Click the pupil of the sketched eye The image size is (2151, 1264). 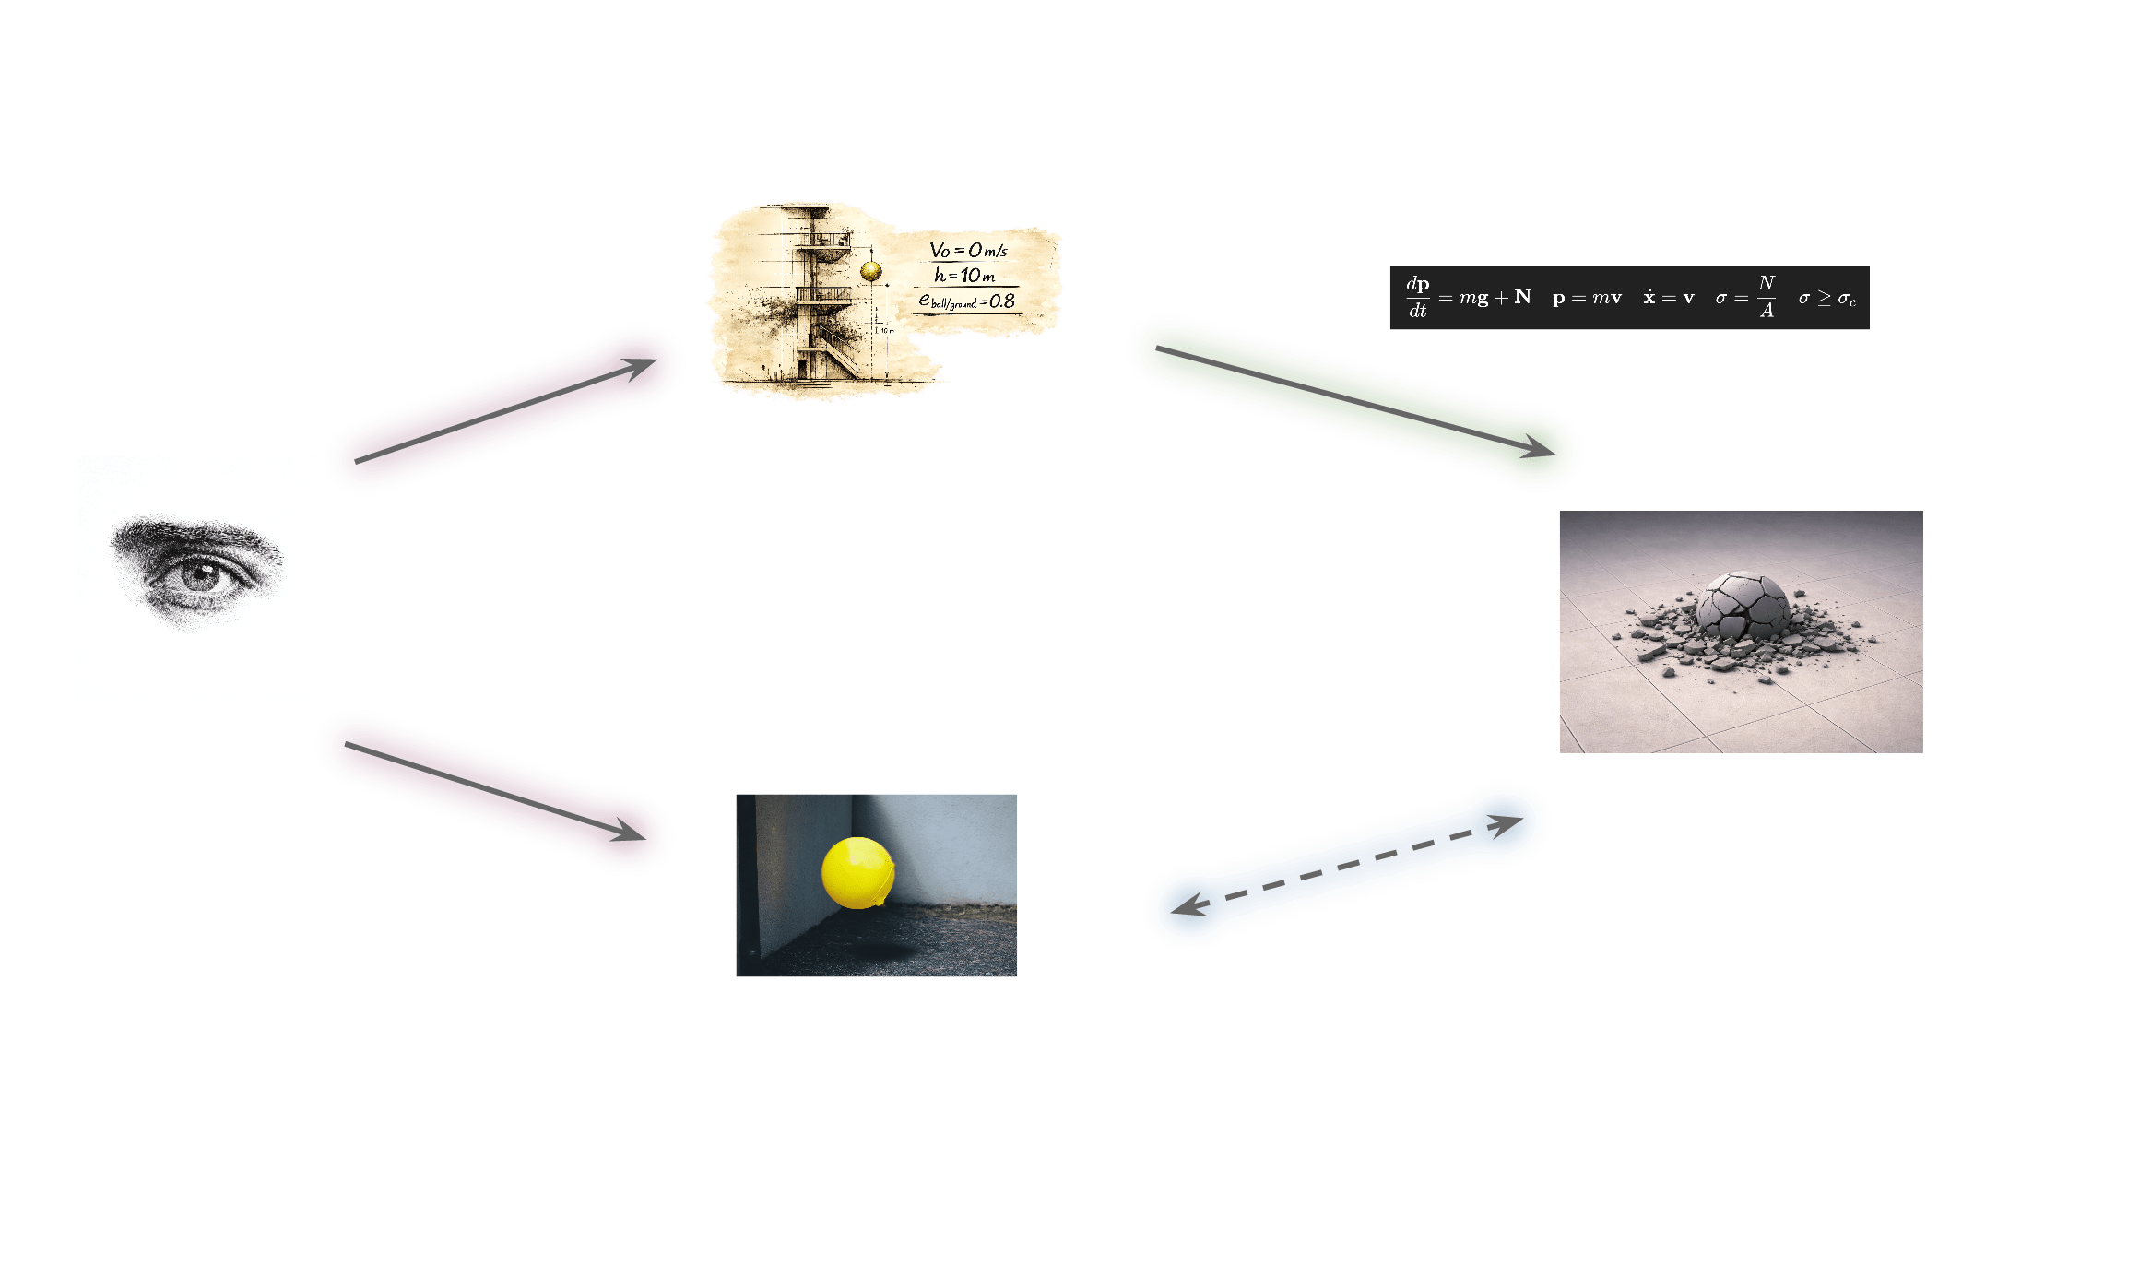point(198,577)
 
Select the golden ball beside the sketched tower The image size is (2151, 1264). point(870,271)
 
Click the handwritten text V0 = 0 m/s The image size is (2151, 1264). point(968,250)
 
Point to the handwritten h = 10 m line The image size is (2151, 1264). point(964,275)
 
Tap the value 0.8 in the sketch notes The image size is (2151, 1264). point(1001,301)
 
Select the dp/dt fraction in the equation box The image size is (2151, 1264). point(1417,297)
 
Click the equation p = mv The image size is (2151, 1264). point(1587,298)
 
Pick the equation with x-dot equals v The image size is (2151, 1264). point(1668,298)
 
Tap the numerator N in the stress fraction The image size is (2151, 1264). point(1766,283)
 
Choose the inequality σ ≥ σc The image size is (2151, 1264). point(1826,298)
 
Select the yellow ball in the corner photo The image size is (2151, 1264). point(857,872)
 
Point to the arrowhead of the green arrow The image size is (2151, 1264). point(1539,449)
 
